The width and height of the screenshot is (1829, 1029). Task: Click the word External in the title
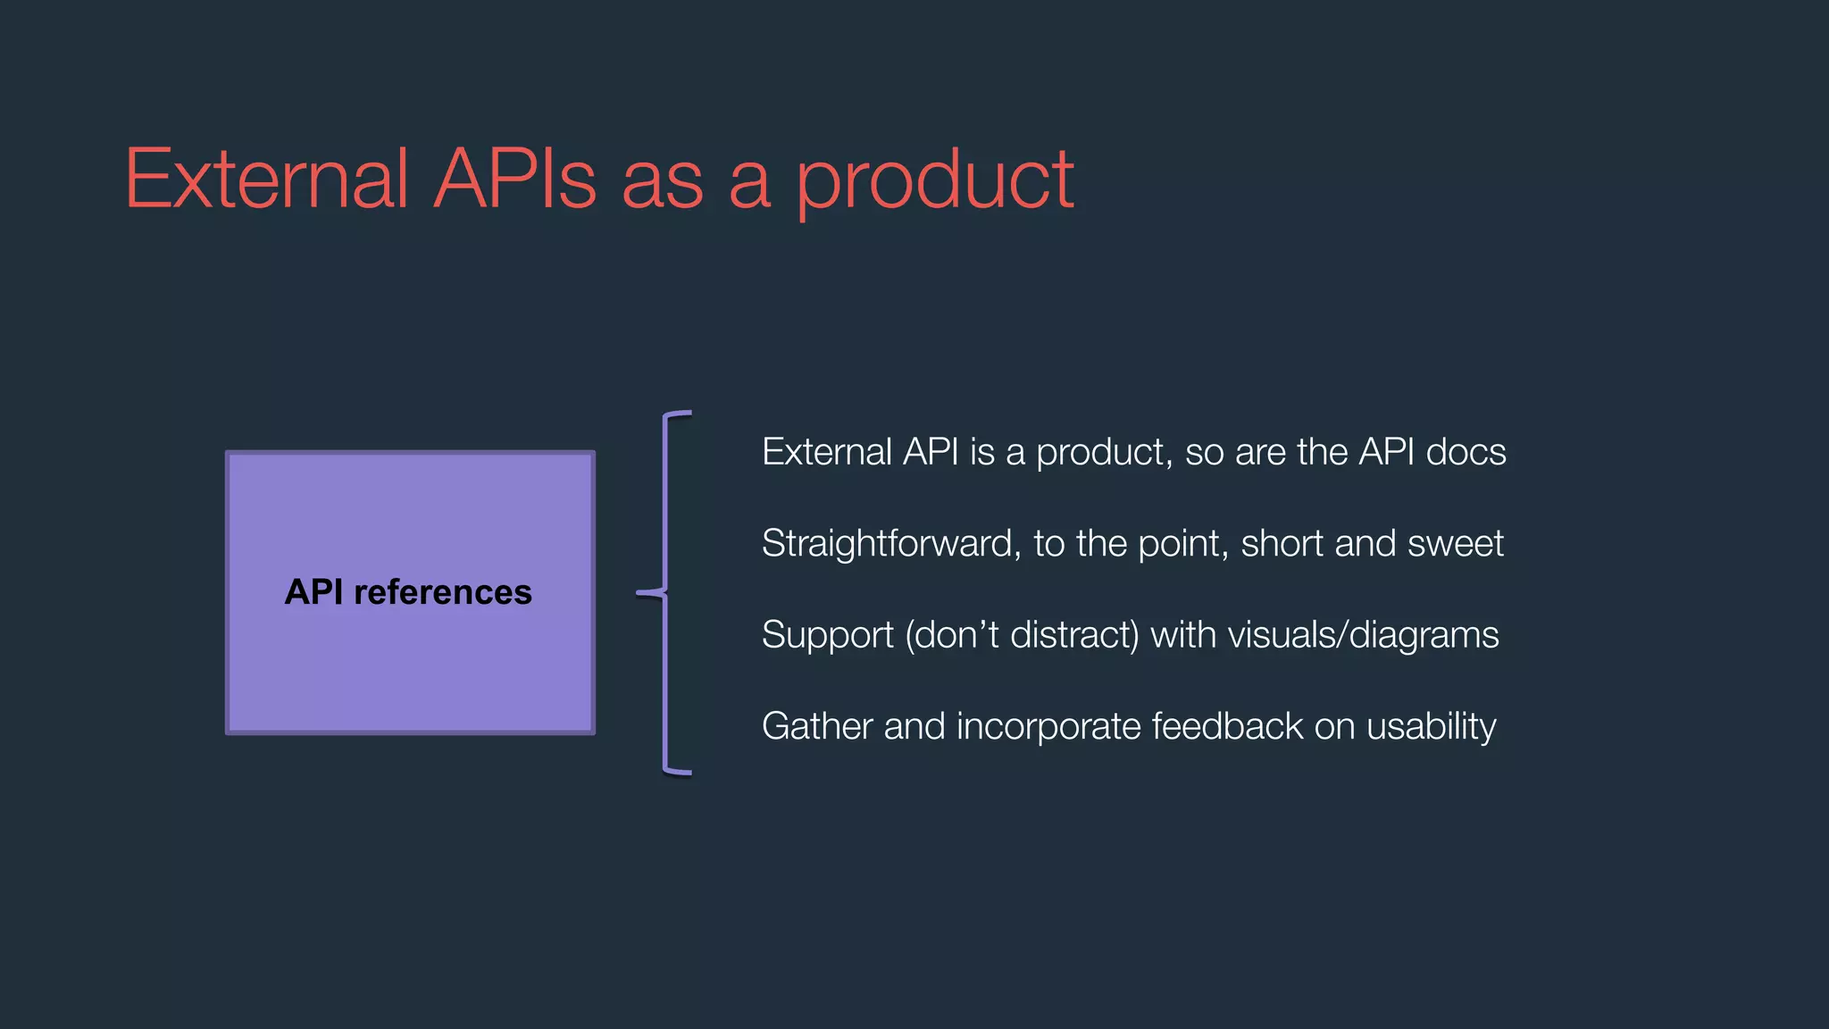tap(266, 180)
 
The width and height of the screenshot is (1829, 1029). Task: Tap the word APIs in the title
tap(515, 180)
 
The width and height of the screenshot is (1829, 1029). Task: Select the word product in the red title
tap(934, 183)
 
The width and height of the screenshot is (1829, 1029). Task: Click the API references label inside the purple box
tap(408, 592)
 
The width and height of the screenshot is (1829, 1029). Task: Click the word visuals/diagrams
tap(1363, 635)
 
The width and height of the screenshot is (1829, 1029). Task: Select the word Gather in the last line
tap(816, 726)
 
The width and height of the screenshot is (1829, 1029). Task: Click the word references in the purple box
tap(442, 592)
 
